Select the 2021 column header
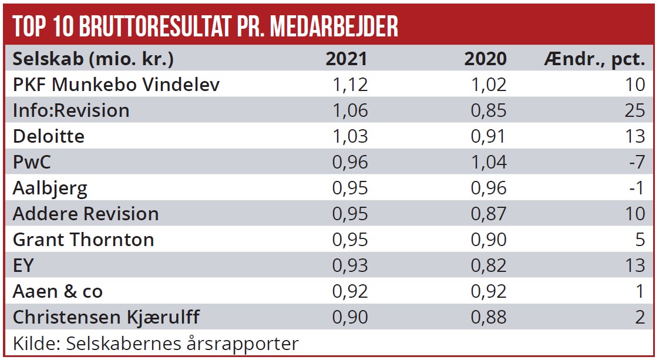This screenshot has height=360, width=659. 347,59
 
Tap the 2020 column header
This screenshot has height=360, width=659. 485,59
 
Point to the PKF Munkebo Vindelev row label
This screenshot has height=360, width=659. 116,85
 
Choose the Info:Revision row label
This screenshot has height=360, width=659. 71,110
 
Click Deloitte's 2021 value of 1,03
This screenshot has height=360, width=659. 350,136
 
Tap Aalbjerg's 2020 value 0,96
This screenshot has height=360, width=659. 488,188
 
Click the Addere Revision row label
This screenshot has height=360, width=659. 86,214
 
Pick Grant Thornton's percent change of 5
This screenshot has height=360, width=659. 640,240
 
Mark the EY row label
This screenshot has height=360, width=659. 23,265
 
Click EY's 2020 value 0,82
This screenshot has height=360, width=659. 488,265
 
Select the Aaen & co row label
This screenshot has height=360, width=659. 58,291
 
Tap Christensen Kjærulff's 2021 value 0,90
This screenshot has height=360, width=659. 350,317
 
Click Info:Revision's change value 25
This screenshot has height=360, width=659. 635,110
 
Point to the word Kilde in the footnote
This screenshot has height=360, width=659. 31,343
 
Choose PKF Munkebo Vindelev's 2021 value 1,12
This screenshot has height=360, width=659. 350,85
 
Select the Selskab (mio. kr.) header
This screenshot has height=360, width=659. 93,59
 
